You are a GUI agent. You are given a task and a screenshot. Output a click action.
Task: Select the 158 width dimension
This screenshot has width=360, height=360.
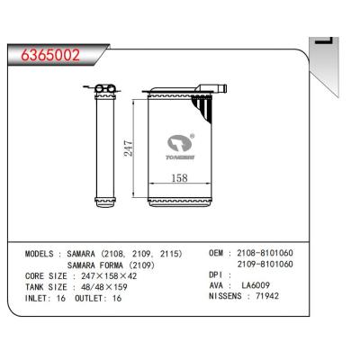179,178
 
